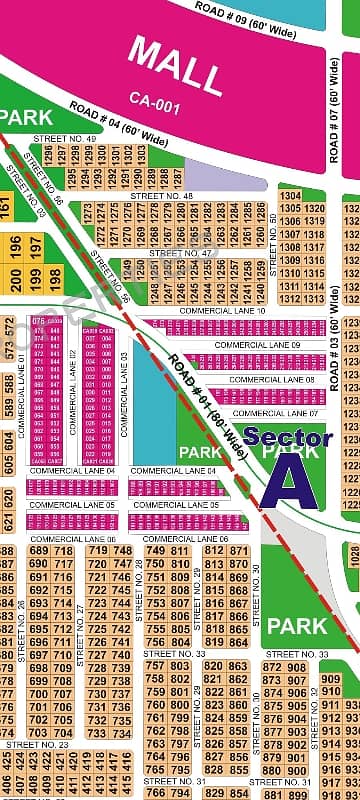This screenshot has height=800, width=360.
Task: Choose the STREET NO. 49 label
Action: [64, 138]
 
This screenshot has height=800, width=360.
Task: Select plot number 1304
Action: [290, 196]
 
